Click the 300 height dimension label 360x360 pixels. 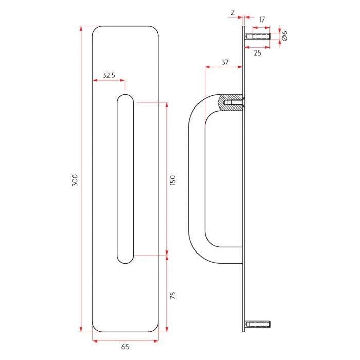coord(75,180)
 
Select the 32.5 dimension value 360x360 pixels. coord(109,75)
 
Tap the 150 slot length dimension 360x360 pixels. coord(173,180)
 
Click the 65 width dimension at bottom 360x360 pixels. coord(125,347)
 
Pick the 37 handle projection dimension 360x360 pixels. coord(224,62)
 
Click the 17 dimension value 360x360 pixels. coord(262,20)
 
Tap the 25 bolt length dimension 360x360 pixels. coord(257,52)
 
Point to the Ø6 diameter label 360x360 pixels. coord(284,35)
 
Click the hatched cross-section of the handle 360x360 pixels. coord(226,101)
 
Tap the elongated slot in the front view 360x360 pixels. coord(125,180)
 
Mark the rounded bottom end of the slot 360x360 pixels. coord(125,260)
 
